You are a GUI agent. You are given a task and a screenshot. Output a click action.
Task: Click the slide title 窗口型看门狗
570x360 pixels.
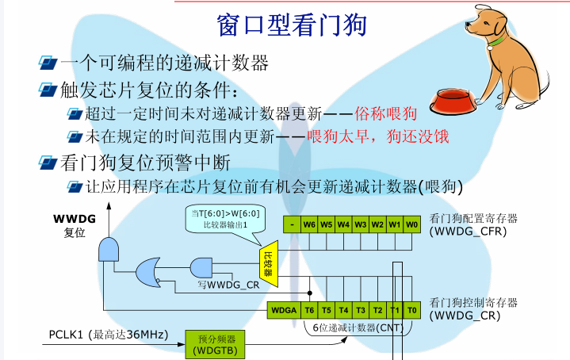(x=291, y=25)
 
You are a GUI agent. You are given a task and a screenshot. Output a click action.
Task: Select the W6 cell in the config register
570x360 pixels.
(x=309, y=224)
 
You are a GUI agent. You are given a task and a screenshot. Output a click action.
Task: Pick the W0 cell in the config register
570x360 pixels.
(x=411, y=224)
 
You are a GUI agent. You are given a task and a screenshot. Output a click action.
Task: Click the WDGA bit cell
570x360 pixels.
(x=285, y=310)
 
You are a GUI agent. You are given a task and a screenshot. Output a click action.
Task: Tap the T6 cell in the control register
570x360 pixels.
(x=309, y=310)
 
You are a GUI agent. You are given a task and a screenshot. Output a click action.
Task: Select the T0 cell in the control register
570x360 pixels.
(x=411, y=310)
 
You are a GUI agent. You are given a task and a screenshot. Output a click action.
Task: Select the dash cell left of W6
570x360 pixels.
(x=292, y=224)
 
